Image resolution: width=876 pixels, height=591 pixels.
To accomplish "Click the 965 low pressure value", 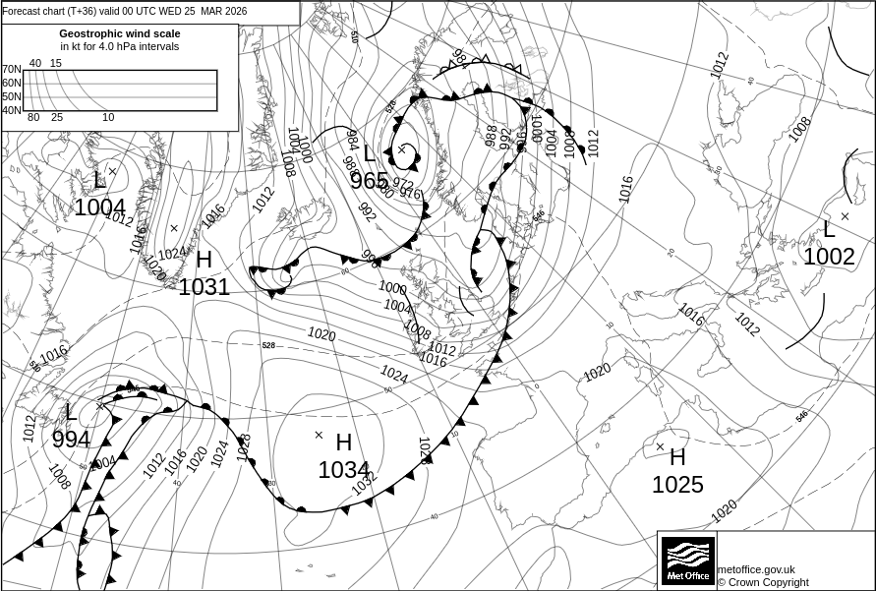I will point(369,181).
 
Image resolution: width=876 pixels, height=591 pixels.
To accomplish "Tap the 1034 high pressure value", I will point(343,471).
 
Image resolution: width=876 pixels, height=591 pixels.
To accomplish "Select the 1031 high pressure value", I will point(204,287).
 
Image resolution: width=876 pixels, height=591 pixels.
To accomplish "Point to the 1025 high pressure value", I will point(677,485).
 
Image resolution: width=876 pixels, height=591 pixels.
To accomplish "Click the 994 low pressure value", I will point(71,440).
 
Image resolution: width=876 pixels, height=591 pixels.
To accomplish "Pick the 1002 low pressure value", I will point(829,257).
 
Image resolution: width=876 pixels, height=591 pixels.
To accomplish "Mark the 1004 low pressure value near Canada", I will point(100,207).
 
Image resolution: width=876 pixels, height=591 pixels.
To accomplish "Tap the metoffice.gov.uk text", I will point(756,569).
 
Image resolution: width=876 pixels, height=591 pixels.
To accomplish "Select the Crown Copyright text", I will point(763,582).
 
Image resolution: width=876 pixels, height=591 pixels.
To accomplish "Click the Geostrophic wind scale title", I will point(120,33).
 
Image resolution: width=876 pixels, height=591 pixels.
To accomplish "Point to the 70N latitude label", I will point(11,70).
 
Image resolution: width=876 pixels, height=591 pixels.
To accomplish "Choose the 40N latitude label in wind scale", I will point(11,110).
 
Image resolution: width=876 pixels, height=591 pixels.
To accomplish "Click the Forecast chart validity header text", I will point(125,11).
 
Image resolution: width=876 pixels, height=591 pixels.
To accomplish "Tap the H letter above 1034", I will point(343,443).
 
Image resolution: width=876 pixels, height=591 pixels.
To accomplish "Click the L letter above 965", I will point(369,153).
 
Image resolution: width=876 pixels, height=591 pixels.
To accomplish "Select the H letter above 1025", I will point(677,457).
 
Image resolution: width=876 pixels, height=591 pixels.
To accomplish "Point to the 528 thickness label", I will point(268,345).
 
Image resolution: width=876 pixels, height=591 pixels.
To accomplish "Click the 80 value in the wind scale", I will point(33,118).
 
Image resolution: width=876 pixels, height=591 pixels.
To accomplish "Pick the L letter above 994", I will point(71,412).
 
